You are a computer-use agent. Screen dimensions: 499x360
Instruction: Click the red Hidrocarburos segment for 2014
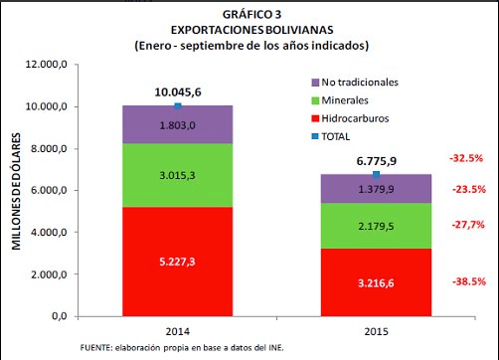(x=178, y=262)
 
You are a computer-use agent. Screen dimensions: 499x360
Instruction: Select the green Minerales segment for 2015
(x=376, y=226)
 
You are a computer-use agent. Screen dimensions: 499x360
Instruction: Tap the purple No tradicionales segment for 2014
(x=178, y=124)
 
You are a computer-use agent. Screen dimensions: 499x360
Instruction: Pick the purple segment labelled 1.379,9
(x=376, y=189)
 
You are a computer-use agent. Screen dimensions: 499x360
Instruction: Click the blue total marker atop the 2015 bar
(x=376, y=174)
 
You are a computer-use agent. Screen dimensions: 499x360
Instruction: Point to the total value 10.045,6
(x=178, y=92)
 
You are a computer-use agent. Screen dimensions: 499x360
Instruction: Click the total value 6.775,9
(x=377, y=161)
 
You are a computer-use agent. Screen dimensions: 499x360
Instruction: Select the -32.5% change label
(x=466, y=158)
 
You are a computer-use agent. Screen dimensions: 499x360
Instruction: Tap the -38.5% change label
(x=469, y=281)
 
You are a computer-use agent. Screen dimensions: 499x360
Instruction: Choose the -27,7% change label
(x=468, y=225)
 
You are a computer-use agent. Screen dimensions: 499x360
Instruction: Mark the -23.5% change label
(x=469, y=190)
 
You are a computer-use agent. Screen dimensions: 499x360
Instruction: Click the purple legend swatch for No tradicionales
(x=315, y=83)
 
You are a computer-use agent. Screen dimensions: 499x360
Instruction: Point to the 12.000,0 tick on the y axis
(x=47, y=64)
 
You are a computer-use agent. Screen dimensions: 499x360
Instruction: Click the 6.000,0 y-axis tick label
(x=49, y=190)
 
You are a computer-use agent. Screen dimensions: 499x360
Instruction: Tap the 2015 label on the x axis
(x=376, y=331)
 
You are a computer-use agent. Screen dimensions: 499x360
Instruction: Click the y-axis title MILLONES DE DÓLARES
(x=16, y=191)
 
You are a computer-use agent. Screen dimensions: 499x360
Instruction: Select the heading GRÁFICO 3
(x=251, y=15)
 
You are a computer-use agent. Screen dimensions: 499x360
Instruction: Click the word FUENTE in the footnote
(x=95, y=348)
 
